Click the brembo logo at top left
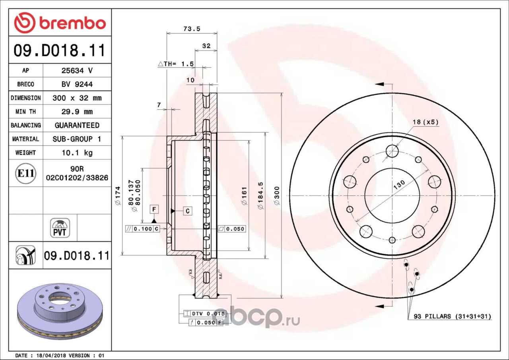tap(60, 23)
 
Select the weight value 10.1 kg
tap(77, 153)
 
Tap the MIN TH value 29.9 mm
tap(77, 111)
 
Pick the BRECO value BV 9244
tap(77, 84)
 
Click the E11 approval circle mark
tap(26, 173)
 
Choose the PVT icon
tap(60, 228)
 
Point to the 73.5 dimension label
tap(192, 29)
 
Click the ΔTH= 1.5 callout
tap(176, 64)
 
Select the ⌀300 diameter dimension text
tap(277, 195)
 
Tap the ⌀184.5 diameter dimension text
tap(260, 195)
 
